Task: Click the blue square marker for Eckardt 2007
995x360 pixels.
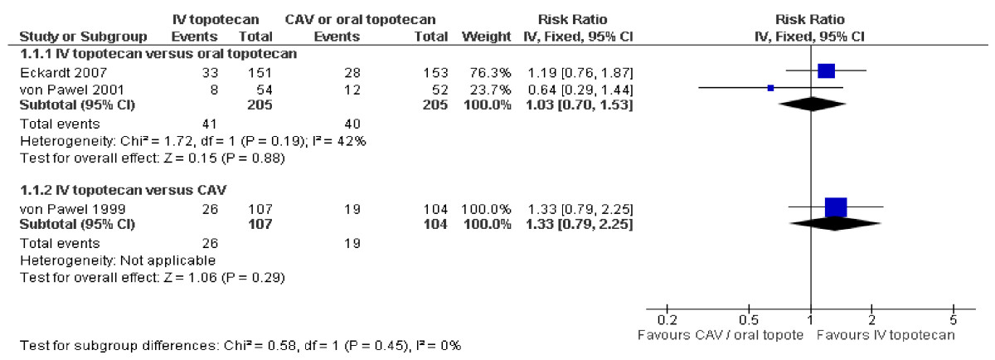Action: pyautogui.click(x=826, y=71)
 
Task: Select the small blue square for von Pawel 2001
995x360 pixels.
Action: pyautogui.click(x=770, y=88)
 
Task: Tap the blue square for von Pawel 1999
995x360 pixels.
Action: pyautogui.click(x=836, y=207)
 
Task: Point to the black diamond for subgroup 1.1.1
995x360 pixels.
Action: pyautogui.click(x=812, y=105)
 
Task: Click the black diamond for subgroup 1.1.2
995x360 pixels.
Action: pyautogui.click(x=835, y=224)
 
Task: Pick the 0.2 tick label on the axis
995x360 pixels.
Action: pyautogui.click(x=667, y=320)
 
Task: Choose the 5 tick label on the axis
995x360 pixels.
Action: pyautogui.click(x=954, y=320)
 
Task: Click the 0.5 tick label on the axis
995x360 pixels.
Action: pyautogui.click(x=749, y=320)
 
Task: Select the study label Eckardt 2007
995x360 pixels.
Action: pyautogui.click(x=63, y=72)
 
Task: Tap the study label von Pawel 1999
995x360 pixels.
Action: pyautogui.click(x=72, y=209)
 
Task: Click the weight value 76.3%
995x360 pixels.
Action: pyautogui.click(x=490, y=72)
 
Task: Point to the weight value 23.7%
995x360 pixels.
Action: pyautogui.click(x=490, y=90)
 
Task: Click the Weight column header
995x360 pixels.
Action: pyautogui.click(x=487, y=36)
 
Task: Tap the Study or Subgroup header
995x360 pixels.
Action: pyautogui.click(x=83, y=36)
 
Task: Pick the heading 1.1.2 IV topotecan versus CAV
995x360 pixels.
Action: pyautogui.click(x=123, y=190)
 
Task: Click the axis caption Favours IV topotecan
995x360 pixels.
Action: pyautogui.click(x=886, y=335)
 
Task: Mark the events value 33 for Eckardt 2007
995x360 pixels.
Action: pyautogui.click(x=210, y=72)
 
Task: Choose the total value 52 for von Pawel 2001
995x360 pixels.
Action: pyautogui.click(x=439, y=90)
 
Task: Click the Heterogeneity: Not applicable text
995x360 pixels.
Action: pyautogui.click(x=118, y=260)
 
